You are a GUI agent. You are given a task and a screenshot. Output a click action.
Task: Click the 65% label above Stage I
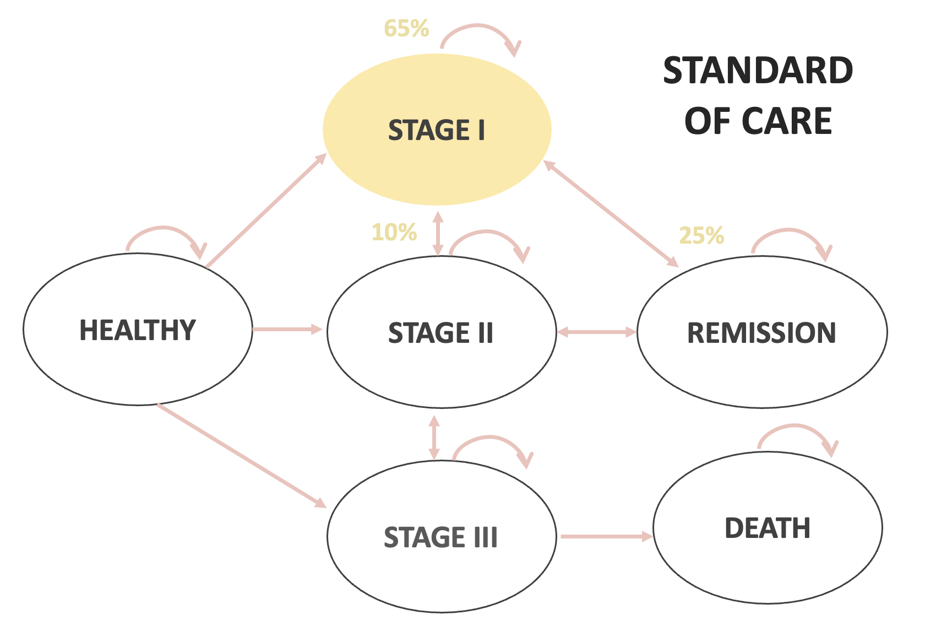pos(406,29)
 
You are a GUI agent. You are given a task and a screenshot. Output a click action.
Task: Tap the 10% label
pos(394,233)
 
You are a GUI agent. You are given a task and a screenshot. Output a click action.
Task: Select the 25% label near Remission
pos(701,236)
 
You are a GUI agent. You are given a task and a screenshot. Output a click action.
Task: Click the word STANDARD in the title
pos(758,71)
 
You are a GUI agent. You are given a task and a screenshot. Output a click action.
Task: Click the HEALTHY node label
pos(138,330)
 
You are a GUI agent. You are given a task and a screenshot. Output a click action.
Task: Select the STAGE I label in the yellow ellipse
pos(437,131)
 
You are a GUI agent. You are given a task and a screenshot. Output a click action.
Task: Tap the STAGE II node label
pos(440,333)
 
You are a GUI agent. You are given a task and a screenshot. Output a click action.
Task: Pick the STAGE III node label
pos(440,537)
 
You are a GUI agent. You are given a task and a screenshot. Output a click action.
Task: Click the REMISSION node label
pos(761,333)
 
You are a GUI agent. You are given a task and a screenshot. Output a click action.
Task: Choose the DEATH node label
pos(768,528)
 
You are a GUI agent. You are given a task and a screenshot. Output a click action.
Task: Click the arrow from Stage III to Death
pos(606,536)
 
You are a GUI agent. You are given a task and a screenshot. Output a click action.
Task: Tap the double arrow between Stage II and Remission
pos(597,332)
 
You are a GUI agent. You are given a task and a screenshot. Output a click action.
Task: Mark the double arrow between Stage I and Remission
pos(611,214)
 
